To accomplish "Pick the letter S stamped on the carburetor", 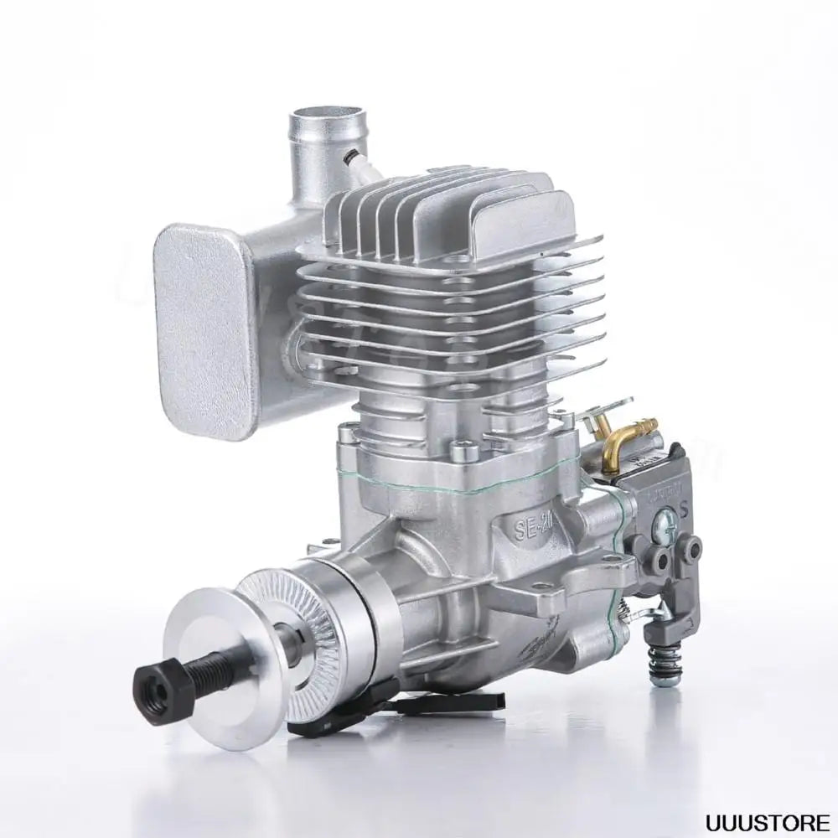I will tap(685, 508).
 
